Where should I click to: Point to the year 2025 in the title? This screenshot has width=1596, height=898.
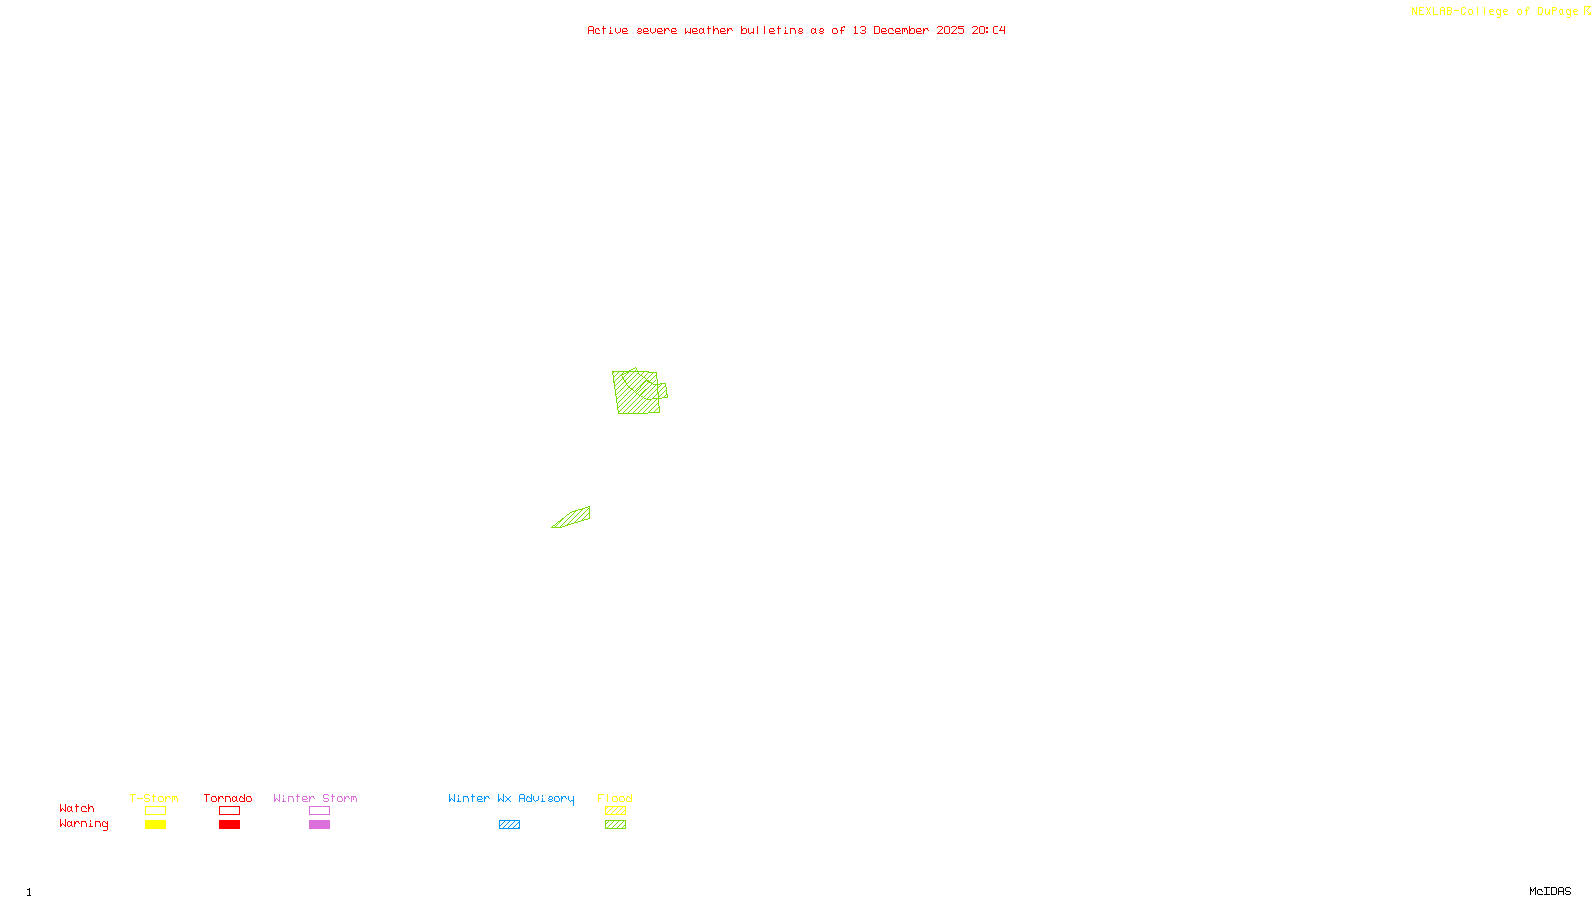click(x=950, y=30)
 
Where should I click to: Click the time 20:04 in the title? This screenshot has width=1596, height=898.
click(x=989, y=30)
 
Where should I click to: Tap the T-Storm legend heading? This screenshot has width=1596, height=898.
click(x=154, y=798)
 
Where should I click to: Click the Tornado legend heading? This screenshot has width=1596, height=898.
click(x=228, y=798)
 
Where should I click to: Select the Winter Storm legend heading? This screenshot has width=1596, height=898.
click(x=315, y=798)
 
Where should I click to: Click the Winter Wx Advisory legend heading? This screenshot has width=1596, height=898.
click(x=511, y=798)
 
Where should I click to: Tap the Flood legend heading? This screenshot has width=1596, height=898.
click(x=615, y=798)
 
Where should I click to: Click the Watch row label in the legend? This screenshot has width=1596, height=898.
click(x=77, y=808)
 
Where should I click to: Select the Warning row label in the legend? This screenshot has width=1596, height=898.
click(x=83, y=824)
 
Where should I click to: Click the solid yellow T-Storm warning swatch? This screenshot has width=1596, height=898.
click(x=155, y=825)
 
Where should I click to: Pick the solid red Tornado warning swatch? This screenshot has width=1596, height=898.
click(x=230, y=825)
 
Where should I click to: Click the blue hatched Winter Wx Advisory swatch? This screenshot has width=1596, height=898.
click(x=509, y=825)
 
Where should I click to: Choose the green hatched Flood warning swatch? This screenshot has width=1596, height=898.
click(x=615, y=825)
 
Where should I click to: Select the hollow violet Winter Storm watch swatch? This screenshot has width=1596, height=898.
click(x=319, y=811)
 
